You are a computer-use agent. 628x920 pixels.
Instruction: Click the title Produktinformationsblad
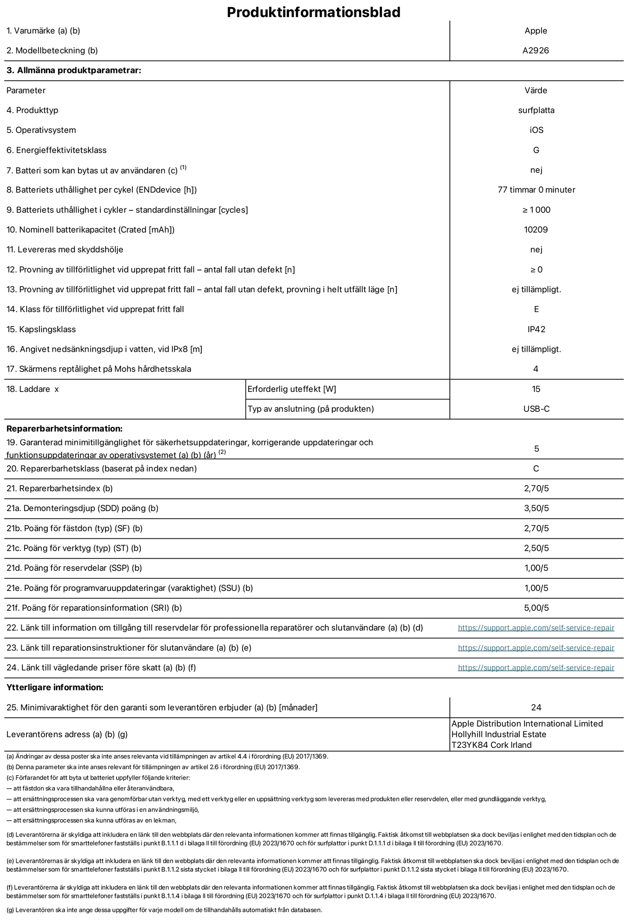click(x=314, y=12)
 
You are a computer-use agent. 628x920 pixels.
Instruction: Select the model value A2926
click(x=535, y=51)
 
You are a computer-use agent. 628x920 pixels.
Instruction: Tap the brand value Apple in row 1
click(x=535, y=31)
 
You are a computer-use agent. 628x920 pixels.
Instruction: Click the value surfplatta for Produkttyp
click(x=536, y=110)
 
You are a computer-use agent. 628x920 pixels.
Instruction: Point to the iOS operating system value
click(x=536, y=130)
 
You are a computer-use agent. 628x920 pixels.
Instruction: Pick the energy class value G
click(x=536, y=150)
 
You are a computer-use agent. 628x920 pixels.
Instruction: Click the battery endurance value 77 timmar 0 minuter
click(x=536, y=190)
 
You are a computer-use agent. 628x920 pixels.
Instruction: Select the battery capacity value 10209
click(x=536, y=230)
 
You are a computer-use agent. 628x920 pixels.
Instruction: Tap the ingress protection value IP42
click(x=536, y=329)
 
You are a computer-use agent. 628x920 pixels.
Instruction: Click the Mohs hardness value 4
click(x=535, y=369)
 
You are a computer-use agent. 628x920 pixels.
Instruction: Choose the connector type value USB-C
click(x=536, y=409)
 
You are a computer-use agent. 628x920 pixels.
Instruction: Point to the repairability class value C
click(x=536, y=469)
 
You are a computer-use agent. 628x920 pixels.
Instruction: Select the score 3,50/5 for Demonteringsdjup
click(x=536, y=508)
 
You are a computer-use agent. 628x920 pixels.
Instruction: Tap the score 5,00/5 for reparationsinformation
click(x=536, y=608)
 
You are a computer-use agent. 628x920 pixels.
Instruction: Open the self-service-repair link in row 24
click(x=536, y=668)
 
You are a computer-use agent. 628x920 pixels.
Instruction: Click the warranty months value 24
click(x=536, y=707)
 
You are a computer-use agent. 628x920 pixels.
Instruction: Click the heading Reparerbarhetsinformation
click(x=64, y=429)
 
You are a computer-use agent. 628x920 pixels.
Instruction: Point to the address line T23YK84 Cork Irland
click(x=491, y=745)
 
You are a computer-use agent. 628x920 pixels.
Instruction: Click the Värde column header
click(x=536, y=90)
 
